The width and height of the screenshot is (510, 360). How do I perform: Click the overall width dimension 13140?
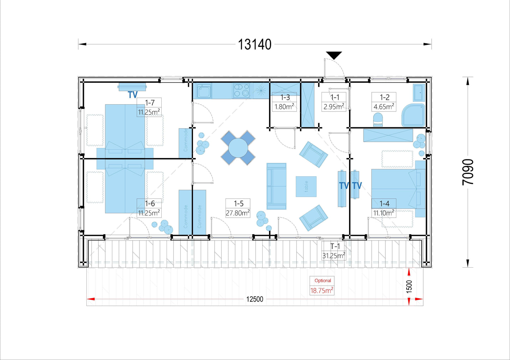254,44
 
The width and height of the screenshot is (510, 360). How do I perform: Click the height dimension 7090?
468,172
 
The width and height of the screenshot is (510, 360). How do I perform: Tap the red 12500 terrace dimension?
254,299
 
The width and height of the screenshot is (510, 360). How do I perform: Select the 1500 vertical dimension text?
409,287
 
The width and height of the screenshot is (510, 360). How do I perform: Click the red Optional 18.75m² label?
322,286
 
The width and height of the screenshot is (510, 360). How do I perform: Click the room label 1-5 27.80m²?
238,208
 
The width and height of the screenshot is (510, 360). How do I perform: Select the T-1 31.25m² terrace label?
334,251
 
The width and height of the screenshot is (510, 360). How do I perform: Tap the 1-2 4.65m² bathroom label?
384,102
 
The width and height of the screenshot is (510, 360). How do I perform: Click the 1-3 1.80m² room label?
284,102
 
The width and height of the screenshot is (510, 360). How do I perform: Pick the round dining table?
238,148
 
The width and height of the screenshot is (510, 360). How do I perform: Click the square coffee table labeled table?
306,187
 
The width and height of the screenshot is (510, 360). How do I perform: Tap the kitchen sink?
204,91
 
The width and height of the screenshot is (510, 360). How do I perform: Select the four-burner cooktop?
241,91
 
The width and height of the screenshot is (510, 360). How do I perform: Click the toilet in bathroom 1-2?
378,120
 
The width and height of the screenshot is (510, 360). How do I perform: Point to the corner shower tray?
413,115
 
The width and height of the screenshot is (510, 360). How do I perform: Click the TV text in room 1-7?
132,95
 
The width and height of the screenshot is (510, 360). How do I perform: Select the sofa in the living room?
276,186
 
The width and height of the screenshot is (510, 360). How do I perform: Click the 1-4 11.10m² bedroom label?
384,208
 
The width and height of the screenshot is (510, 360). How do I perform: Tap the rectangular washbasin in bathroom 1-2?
419,93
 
